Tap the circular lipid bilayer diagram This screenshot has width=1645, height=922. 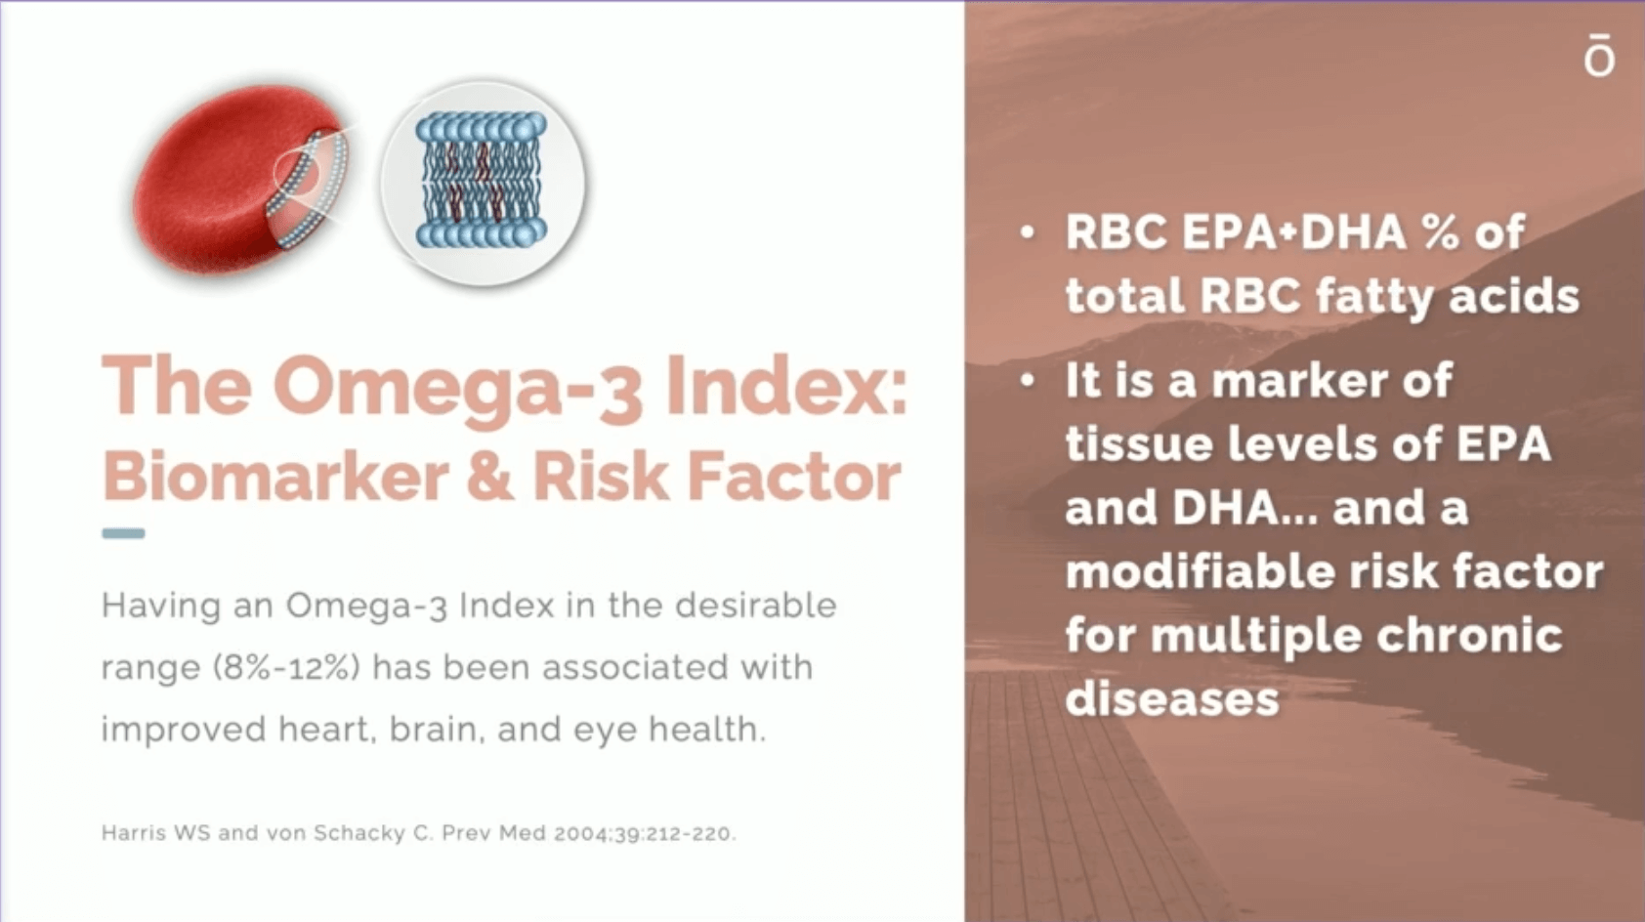point(483,182)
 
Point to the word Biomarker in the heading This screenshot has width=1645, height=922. point(275,476)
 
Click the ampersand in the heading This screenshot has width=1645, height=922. point(489,477)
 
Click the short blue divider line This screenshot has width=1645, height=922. point(123,533)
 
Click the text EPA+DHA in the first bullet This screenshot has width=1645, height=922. point(1293,232)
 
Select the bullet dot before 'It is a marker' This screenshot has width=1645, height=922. point(1028,382)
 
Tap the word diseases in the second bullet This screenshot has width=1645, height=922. point(1172,698)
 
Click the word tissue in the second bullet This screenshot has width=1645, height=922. point(1139,444)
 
